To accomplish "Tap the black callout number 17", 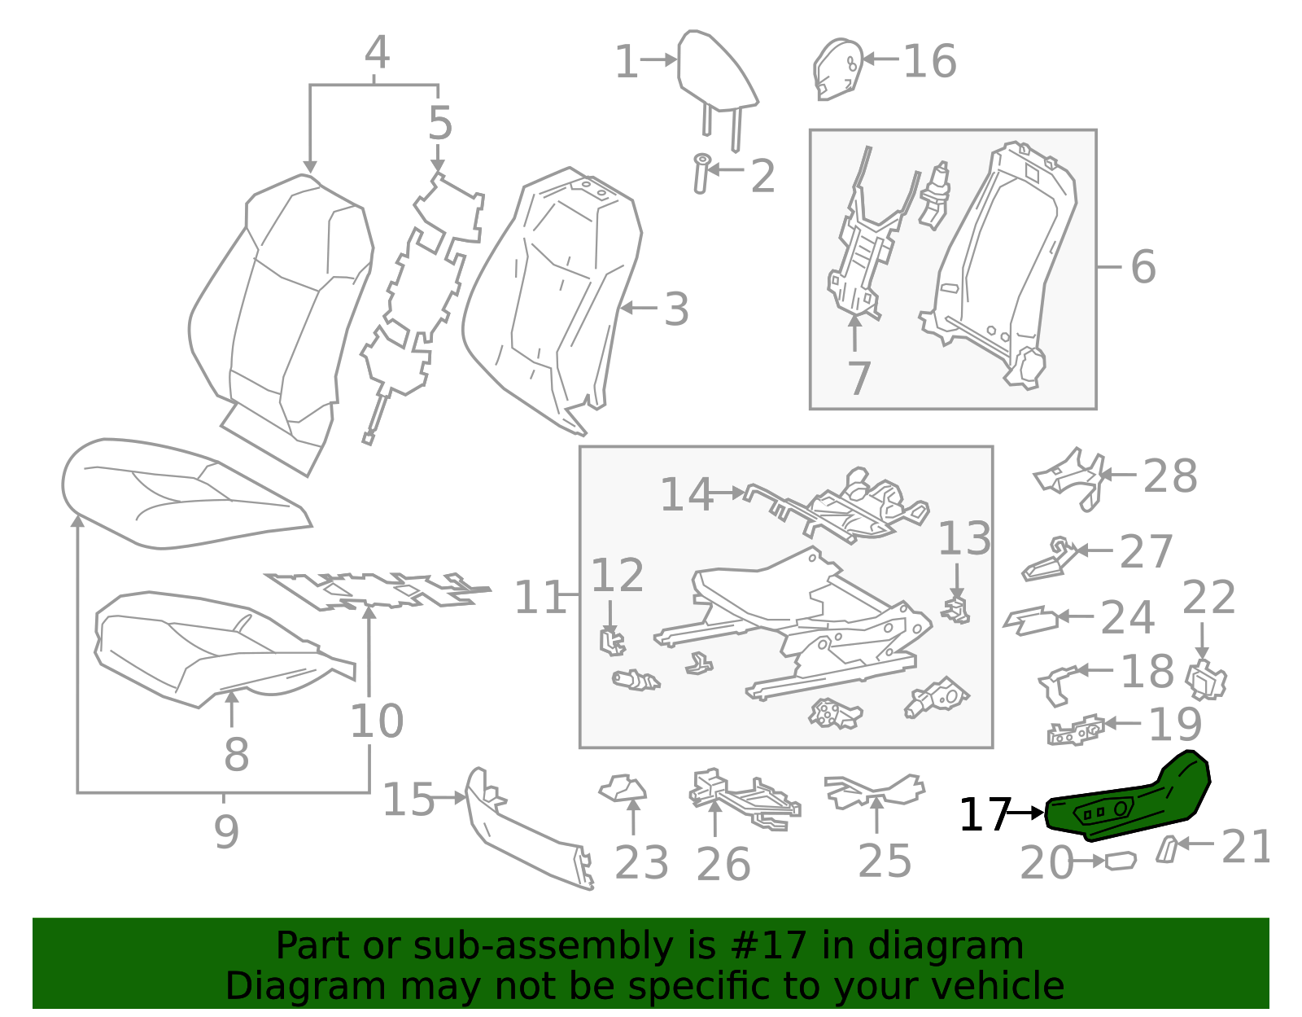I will click(x=984, y=814).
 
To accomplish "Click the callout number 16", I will click(x=929, y=62).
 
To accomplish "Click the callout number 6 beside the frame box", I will click(x=1143, y=267).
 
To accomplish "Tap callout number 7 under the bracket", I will click(x=859, y=379).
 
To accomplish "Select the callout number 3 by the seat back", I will click(x=676, y=310).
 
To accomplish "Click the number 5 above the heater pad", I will click(x=439, y=124).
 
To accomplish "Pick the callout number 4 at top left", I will click(x=376, y=53).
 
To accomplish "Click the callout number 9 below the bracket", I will click(x=226, y=832).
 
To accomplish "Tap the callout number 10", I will click(x=376, y=721).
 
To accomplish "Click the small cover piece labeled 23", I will click(x=623, y=788).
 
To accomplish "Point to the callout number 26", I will click(x=723, y=864).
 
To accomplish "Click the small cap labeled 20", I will click(x=1121, y=861).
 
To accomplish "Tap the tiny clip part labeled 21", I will click(x=1166, y=848).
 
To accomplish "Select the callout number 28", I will click(x=1169, y=476).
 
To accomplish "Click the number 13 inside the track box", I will click(x=964, y=539).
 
